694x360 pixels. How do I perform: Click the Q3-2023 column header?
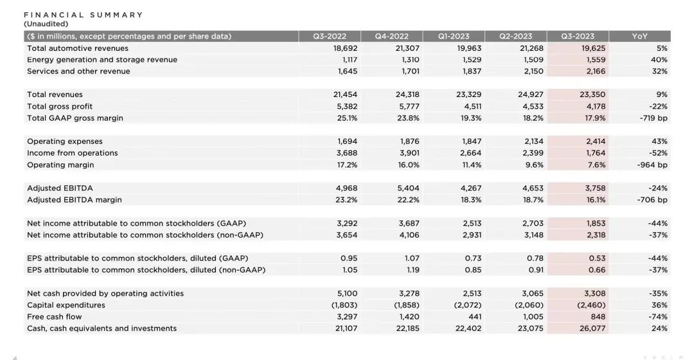(x=578, y=36)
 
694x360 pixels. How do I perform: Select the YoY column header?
(x=639, y=36)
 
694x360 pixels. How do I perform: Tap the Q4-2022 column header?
(x=392, y=36)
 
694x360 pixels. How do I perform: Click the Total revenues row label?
(x=55, y=94)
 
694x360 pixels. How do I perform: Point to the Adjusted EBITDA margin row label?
(x=75, y=200)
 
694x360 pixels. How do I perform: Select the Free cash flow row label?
(x=55, y=316)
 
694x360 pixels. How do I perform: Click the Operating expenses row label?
(x=65, y=141)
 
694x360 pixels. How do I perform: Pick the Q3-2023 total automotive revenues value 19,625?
(x=593, y=48)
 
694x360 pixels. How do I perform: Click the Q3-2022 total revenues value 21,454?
(x=345, y=94)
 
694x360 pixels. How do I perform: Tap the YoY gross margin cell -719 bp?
(x=654, y=118)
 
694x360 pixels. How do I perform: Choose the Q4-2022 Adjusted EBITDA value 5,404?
(x=408, y=188)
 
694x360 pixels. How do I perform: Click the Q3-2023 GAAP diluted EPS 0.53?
(x=597, y=258)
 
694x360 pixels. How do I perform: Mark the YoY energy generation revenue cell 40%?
(x=659, y=60)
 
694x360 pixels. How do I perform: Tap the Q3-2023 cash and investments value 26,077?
(x=592, y=328)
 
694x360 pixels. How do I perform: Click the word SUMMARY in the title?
(x=116, y=15)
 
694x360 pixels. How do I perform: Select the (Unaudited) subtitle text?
(x=46, y=24)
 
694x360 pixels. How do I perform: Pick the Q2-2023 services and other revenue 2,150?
(x=533, y=71)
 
